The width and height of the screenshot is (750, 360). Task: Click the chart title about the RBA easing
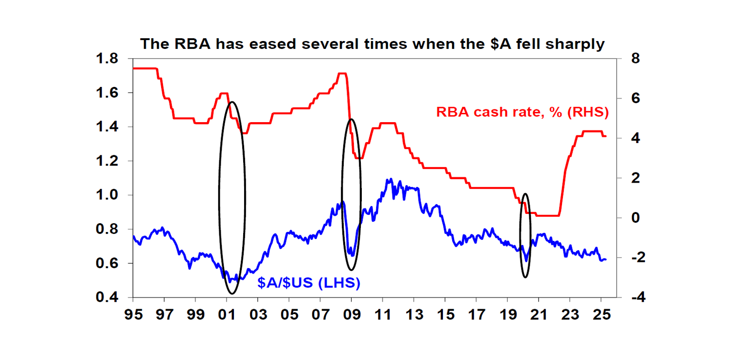[x=373, y=44]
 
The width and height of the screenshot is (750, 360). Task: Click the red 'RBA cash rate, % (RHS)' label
[x=522, y=112]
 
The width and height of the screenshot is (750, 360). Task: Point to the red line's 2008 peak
[x=342, y=74]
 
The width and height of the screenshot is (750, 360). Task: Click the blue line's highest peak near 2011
[x=389, y=179]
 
